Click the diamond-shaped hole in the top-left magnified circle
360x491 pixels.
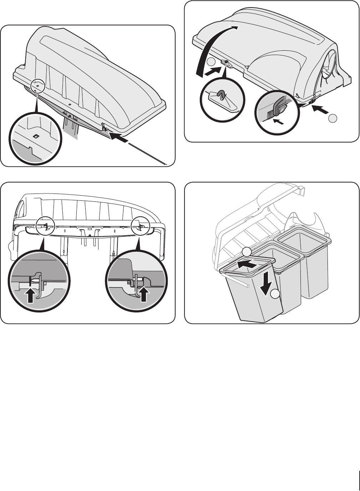pos(36,136)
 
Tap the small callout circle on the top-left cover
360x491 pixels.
pos(37,86)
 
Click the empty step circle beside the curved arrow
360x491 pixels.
pos(211,62)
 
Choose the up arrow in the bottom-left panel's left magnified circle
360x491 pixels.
pos(31,295)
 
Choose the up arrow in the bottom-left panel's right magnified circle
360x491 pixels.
pos(144,295)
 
